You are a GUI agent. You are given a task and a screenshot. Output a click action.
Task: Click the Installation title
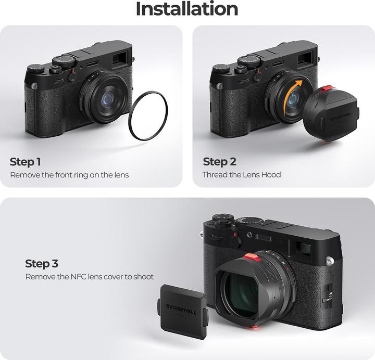click(187, 9)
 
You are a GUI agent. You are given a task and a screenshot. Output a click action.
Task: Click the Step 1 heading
click(26, 161)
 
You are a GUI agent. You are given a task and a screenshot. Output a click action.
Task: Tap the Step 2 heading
click(219, 161)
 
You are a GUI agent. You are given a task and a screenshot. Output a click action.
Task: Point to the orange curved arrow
click(294, 91)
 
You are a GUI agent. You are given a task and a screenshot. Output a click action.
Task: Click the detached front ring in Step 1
click(148, 116)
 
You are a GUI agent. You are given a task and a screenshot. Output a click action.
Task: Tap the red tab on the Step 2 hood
click(329, 89)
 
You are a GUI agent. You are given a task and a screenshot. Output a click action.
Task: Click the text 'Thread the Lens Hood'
click(242, 175)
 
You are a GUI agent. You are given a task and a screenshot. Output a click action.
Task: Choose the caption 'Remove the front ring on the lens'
click(69, 175)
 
